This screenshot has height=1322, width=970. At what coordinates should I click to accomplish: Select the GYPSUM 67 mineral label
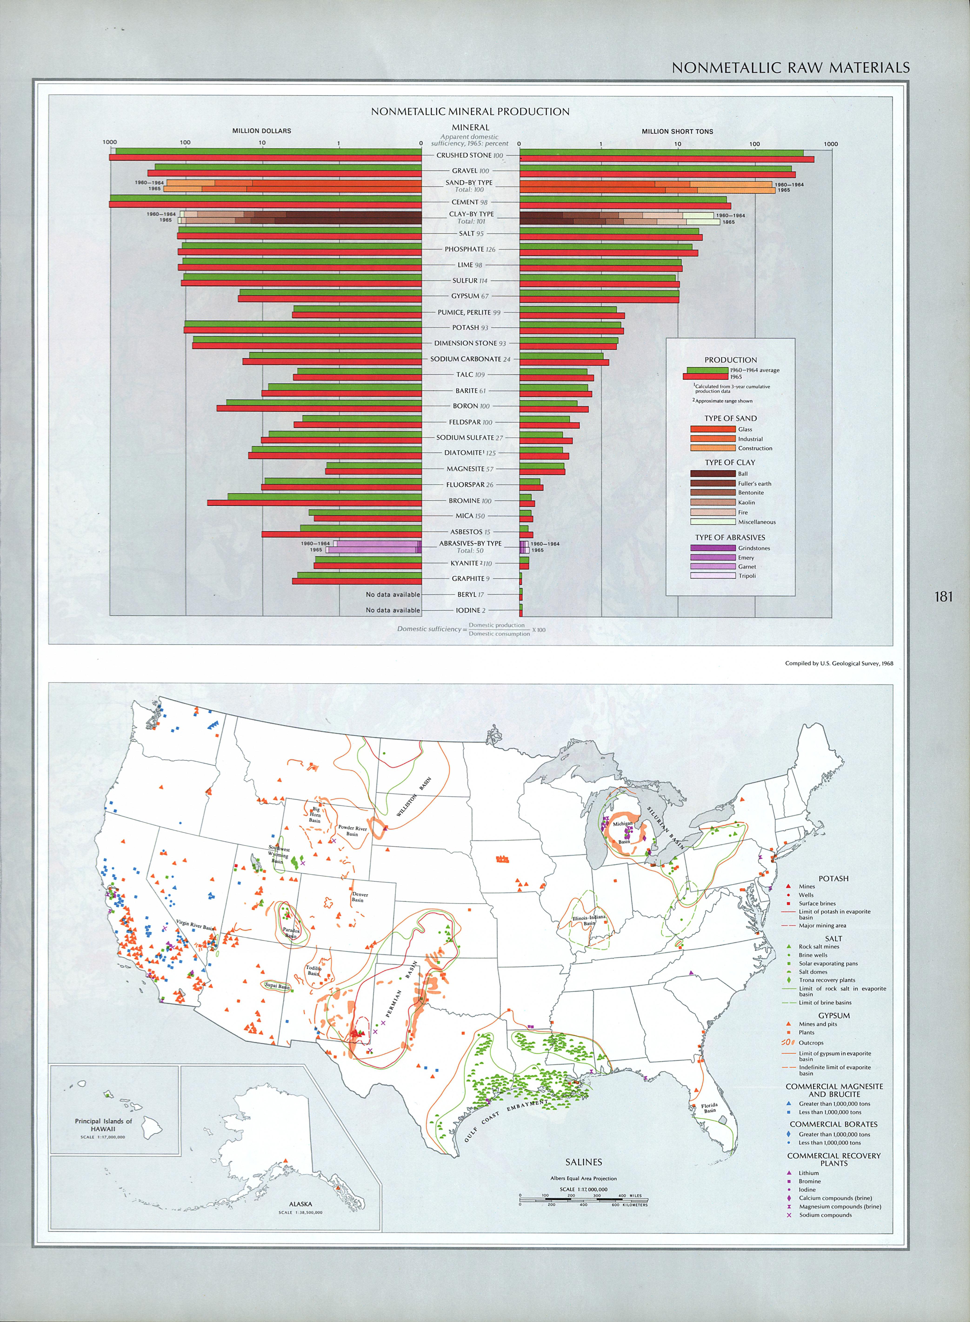tap(470, 296)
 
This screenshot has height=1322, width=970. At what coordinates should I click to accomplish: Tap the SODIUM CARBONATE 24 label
tap(470, 359)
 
